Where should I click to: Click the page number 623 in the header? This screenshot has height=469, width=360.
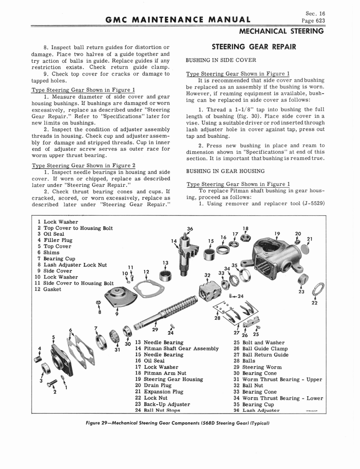(318, 21)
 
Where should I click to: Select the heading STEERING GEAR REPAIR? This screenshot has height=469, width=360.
(253, 47)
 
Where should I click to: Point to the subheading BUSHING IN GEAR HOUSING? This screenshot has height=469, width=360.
(225, 171)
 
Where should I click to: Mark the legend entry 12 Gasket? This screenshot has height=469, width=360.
(49, 289)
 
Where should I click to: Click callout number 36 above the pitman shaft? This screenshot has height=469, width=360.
(190, 229)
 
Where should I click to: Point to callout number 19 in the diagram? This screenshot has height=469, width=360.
(277, 234)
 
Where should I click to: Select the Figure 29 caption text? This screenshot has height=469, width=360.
(180, 423)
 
